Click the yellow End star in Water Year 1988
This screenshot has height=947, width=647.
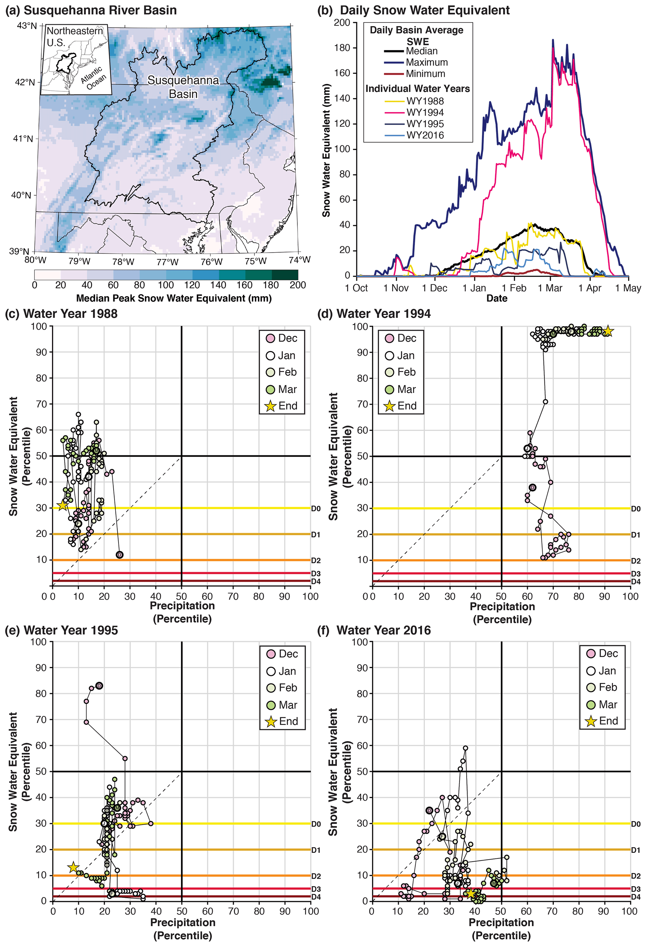[62, 506]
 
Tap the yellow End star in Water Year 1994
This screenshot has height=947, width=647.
[608, 331]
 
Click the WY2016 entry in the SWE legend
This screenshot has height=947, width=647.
[424, 135]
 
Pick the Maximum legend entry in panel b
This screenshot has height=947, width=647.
[426, 62]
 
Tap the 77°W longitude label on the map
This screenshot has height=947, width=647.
[167, 262]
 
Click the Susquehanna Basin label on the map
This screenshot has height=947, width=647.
[183, 87]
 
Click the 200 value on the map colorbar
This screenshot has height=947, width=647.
[298, 285]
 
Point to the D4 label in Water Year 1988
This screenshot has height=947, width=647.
[316, 582]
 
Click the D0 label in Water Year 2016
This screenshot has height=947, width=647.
[636, 824]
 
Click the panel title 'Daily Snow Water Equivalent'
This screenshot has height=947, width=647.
[424, 10]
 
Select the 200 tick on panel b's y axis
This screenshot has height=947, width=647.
[342, 23]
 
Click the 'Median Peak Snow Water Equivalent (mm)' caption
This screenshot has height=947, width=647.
[174, 298]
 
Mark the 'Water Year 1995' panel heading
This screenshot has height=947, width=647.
[70, 630]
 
